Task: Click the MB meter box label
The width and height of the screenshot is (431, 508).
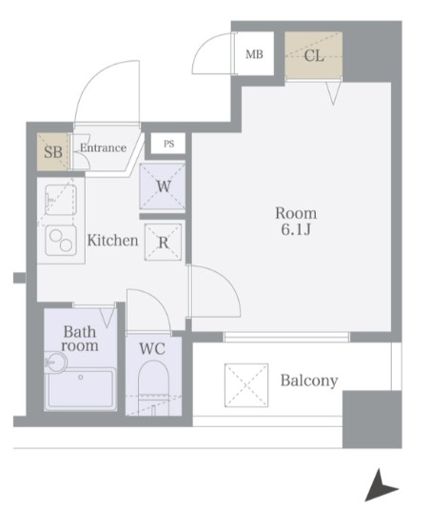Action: point(254,54)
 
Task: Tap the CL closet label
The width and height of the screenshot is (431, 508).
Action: point(314,56)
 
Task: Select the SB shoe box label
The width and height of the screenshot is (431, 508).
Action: point(53,151)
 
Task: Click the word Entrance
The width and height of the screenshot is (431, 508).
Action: point(103,148)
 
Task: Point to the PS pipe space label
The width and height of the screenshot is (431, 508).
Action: point(168,144)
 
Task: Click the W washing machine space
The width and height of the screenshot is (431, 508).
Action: point(163,186)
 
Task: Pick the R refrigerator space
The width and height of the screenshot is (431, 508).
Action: point(163,242)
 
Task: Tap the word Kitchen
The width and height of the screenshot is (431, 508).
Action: point(112,241)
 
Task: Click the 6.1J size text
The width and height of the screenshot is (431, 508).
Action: point(296,229)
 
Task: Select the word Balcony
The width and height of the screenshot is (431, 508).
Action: point(309,381)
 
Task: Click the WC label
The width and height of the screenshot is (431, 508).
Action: point(152,348)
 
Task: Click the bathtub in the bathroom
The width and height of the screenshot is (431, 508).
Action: point(80,389)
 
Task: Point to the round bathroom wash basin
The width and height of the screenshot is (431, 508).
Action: point(56,362)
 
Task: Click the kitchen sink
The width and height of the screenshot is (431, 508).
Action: point(61,200)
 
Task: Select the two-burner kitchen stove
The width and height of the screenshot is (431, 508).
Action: point(61,240)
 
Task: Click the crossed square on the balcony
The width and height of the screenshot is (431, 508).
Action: point(246,385)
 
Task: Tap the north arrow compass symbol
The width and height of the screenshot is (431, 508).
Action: point(380,486)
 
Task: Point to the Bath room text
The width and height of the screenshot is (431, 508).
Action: point(80,339)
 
